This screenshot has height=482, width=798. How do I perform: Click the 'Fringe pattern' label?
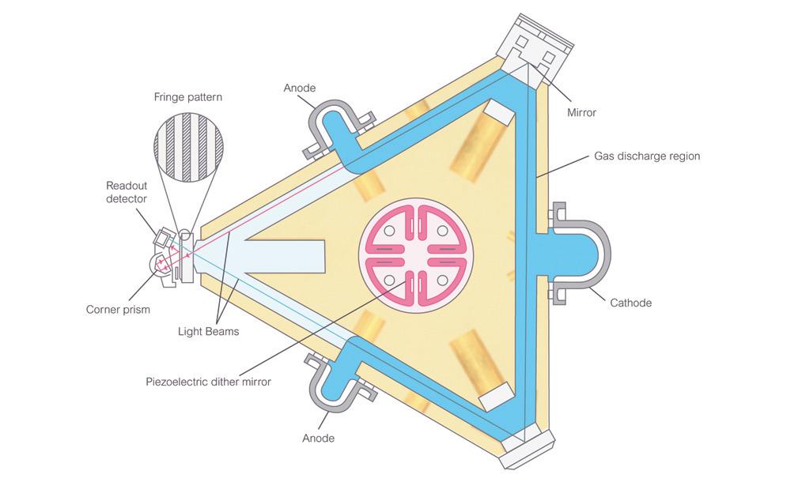187,97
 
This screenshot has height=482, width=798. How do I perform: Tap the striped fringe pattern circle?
187,151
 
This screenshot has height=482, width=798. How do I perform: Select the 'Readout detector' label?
127,192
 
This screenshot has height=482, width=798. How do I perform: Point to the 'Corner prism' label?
119,310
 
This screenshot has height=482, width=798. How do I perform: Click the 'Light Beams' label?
209,331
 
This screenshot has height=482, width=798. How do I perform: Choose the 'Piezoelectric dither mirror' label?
209,382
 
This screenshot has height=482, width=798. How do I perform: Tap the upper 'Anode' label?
300,88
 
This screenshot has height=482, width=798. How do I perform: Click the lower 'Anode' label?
318,438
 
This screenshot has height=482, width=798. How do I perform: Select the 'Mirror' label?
581,112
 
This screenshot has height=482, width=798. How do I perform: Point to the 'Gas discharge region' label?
647,156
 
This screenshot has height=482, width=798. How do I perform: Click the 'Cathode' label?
630,303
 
